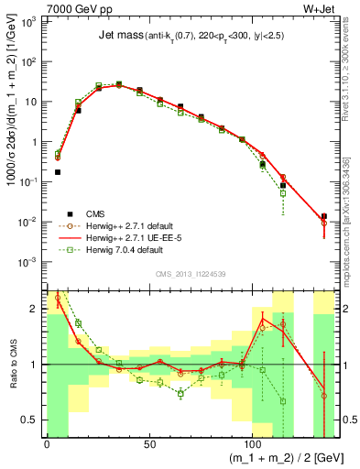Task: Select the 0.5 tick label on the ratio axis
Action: (29, 420)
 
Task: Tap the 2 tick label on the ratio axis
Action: (33, 308)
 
